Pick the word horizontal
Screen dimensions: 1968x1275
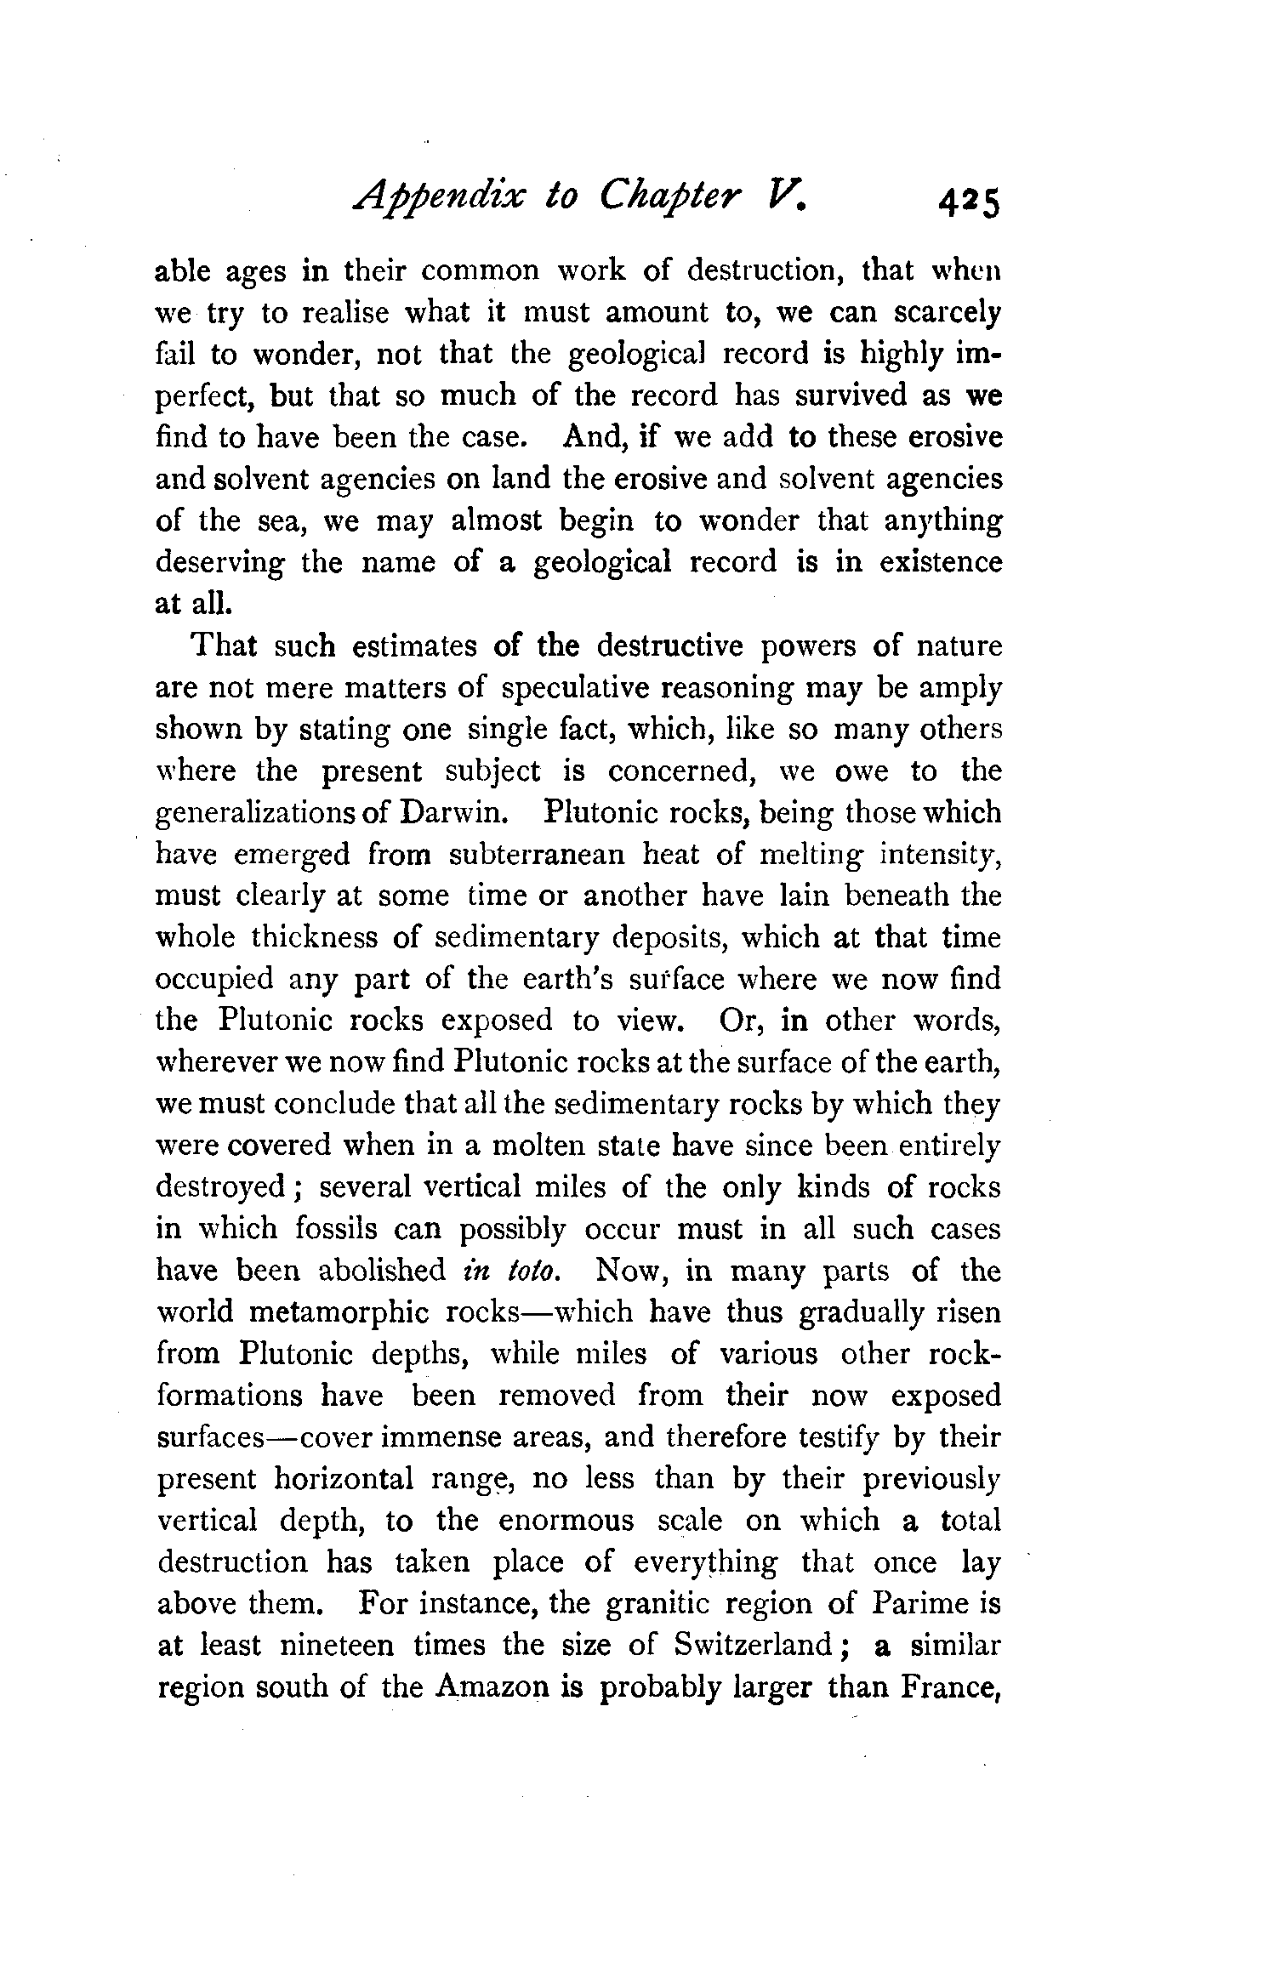(x=344, y=1479)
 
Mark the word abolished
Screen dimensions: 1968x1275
(x=381, y=1271)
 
